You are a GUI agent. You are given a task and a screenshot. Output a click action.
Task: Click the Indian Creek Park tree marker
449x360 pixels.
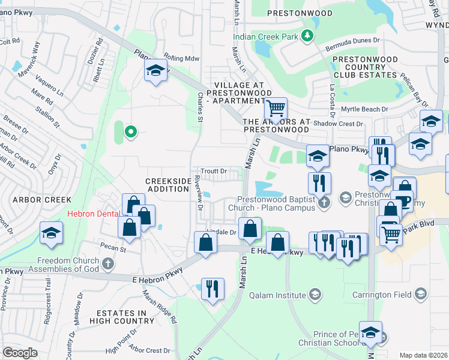click(307, 37)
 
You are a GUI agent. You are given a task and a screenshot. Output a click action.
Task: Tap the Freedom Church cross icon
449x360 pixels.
click(107, 263)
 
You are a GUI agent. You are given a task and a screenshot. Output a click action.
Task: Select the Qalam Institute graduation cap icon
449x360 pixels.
click(315, 293)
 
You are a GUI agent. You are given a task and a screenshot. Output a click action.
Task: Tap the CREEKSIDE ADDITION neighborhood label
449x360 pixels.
click(167, 185)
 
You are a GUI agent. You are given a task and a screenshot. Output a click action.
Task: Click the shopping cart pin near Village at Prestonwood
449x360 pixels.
click(276, 109)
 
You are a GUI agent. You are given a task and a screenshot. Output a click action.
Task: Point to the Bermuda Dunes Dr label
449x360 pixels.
click(353, 40)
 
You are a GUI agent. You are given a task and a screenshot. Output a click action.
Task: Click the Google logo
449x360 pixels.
click(20, 352)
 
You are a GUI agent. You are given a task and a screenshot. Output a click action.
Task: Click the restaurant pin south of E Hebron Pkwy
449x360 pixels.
click(212, 289)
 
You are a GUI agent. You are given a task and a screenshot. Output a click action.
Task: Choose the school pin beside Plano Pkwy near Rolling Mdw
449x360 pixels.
click(155, 72)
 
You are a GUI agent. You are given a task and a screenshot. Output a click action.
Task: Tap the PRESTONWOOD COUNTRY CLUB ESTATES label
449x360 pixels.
click(365, 67)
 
